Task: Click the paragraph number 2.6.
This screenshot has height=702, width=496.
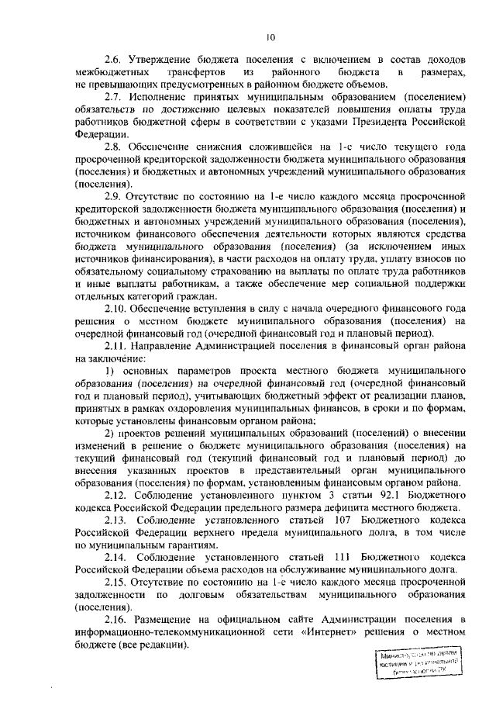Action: [113, 61]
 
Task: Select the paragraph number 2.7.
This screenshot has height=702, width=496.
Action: [113, 98]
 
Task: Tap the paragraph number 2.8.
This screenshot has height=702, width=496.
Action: [113, 147]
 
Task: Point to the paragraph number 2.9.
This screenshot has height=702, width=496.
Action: [113, 197]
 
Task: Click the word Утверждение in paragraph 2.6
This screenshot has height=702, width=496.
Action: [165, 61]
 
